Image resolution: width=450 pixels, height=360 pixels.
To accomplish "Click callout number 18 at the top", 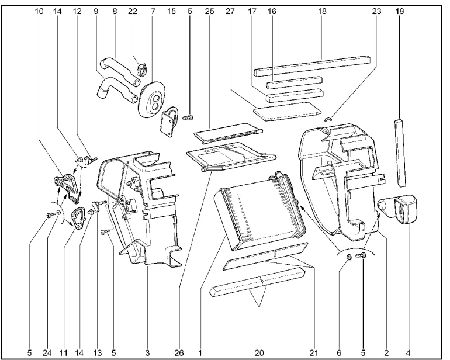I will tap(323, 11).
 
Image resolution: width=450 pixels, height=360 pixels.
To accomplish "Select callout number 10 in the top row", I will tap(39, 11).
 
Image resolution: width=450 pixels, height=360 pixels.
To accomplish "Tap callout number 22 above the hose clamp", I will tap(133, 11).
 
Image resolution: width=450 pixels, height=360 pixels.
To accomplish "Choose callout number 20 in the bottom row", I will tap(259, 353).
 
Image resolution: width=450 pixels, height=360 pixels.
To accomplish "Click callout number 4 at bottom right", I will tap(408, 353).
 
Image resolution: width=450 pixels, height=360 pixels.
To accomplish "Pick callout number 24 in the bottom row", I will tap(47, 353).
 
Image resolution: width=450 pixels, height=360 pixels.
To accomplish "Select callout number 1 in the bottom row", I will tap(200, 353).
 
